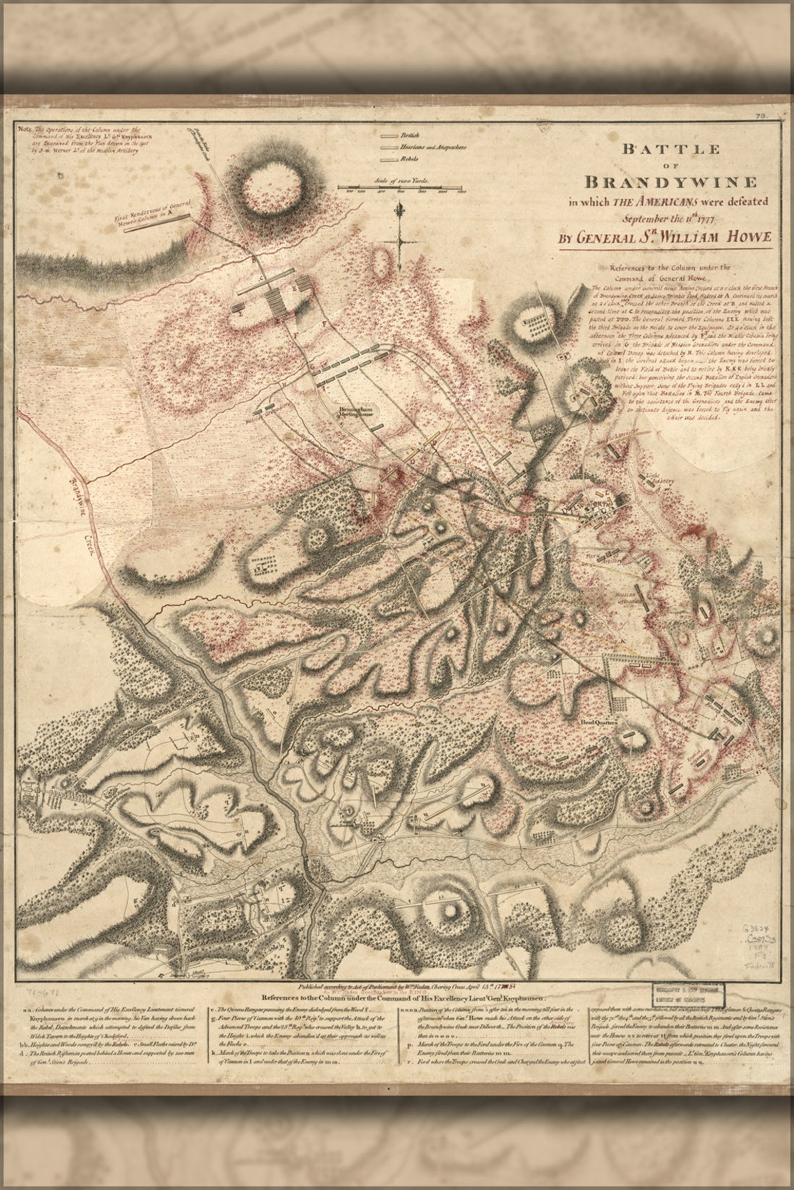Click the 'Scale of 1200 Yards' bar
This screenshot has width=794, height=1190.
pyautogui.click(x=402, y=187)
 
